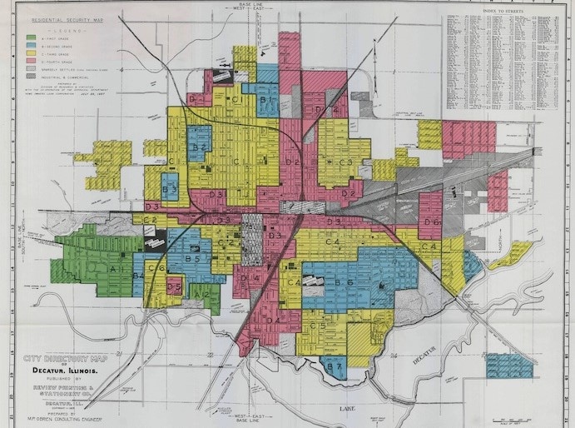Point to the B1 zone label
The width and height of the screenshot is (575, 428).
(266, 100)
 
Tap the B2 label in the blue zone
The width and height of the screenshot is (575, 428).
(198, 147)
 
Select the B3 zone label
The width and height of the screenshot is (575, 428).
(171, 189)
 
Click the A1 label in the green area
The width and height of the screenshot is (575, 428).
(116, 270)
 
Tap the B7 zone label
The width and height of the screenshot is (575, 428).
(334, 366)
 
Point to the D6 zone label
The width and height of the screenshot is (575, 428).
(431, 222)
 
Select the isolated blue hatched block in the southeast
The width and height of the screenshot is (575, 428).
(508, 366)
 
